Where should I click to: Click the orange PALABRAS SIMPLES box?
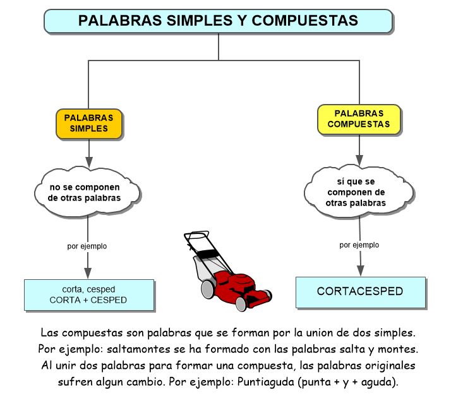pyautogui.click(x=89, y=124)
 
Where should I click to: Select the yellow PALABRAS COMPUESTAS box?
pyautogui.click(x=359, y=119)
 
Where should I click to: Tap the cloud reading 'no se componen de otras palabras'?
pyautogui.click(x=87, y=192)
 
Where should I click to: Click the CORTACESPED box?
pyautogui.click(x=361, y=292)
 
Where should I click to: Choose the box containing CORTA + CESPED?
pyautogui.click(x=89, y=295)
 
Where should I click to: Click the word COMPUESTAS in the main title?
pyautogui.click(x=305, y=21)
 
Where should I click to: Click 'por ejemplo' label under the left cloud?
pyautogui.click(x=87, y=246)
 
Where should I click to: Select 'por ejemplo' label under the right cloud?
pyautogui.click(x=359, y=245)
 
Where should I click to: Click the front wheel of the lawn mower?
pyautogui.click(x=241, y=304)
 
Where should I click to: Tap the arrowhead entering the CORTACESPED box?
pyautogui.click(x=361, y=270)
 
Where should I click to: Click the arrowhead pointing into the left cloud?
pyautogui.click(x=89, y=162)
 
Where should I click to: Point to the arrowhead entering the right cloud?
pyautogui.click(x=359, y=160)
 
